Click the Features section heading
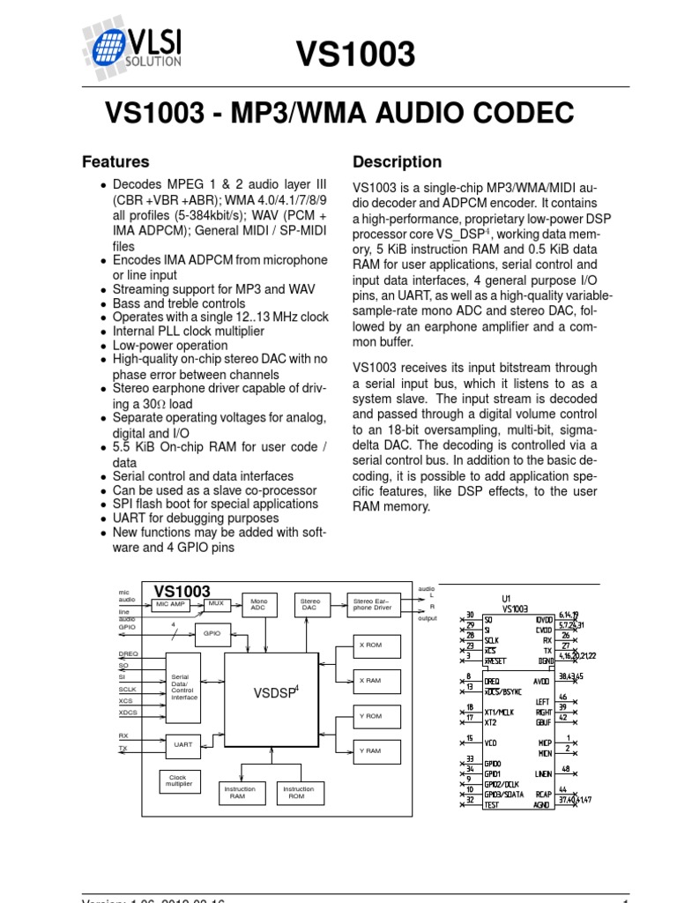[x=115, y=162]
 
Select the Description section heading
[x=397, y=162]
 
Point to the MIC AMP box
[x=171, y=604]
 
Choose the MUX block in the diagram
[x=216, y=603]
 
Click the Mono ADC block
[x=258, y=604]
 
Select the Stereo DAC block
[x=309, y=604]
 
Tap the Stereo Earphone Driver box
[x=372, y=604]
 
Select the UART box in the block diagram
[x=182, y=744]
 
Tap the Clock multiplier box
[x=178, y=781]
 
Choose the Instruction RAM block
[x=237, y=792]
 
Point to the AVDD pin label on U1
[x=541, y=682]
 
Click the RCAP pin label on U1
[x=543, y=794]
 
